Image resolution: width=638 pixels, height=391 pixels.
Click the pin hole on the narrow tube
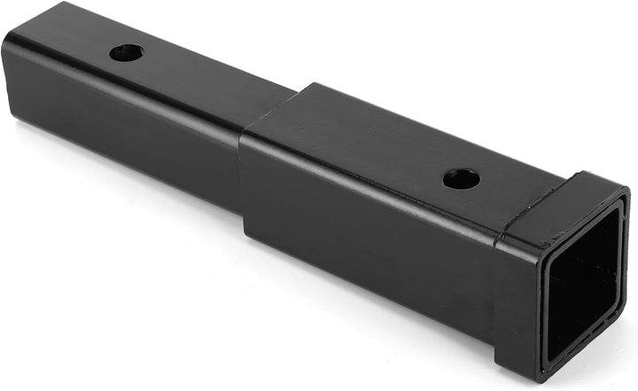tap(127, 52)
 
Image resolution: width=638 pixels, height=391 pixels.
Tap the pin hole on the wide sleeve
tap(462, 178)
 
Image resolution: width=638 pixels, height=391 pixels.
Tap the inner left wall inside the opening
tap(556, 292)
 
